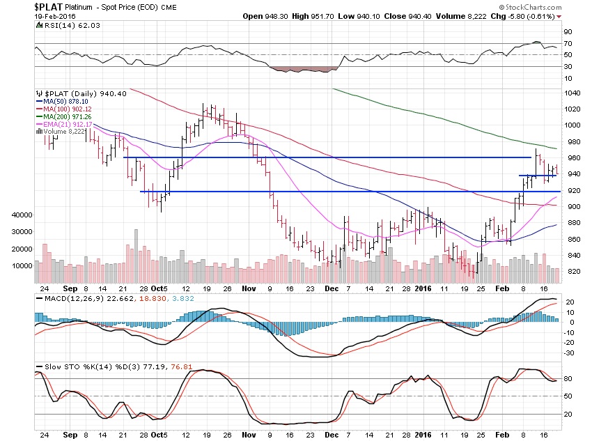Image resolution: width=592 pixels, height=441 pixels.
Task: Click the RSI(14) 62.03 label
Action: pos(59,26)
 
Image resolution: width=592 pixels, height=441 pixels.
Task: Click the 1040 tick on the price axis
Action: pos(572,93)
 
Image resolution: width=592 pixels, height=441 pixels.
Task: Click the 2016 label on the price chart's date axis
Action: pos(423,287)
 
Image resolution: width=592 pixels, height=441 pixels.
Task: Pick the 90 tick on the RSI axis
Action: pos(568,32)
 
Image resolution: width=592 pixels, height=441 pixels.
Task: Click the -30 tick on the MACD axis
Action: pos(569,352)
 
